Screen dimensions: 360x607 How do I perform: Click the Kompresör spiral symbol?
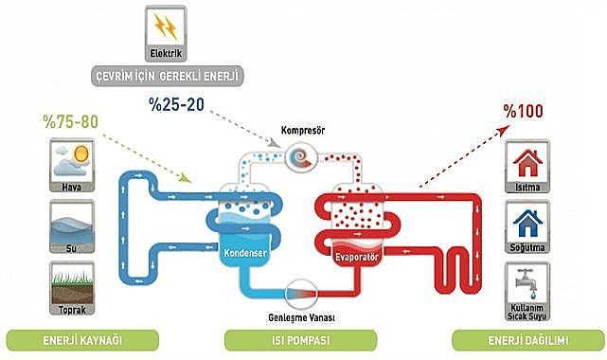click(x=304, y=154)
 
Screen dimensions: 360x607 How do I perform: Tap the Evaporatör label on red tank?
click(x=357, y=256)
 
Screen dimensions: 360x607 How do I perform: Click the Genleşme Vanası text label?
click(x=303, y=315)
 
